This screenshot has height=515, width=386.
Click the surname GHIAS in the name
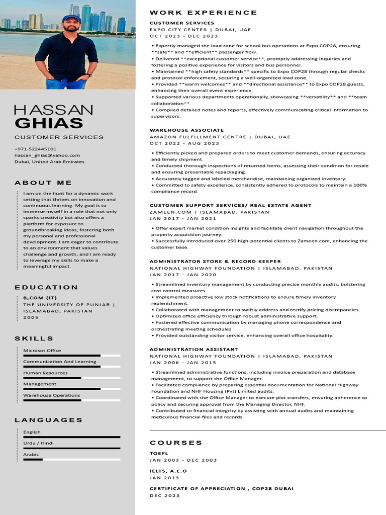click(x=49, y=123)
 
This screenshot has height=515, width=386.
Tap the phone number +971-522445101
click(x=35, y=149)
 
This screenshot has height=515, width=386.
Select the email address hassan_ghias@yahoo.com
click(x=47, y=155)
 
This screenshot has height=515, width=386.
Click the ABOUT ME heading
click(x=43, y=183)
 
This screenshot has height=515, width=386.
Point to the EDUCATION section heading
click(x=46, y=287)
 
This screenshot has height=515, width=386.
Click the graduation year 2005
click(x=31, y=317)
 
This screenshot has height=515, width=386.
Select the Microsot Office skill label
click(x=42, y=351)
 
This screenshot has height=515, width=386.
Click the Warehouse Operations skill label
click(x=51, y=395)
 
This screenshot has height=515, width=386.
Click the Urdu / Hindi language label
click(x=38, y=443)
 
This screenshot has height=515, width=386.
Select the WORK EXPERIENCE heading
click(x=203, y=13)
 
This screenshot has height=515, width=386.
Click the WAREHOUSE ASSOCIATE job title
click(x=186, y=130)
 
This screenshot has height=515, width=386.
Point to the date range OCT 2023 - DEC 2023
click(x=183, y=36)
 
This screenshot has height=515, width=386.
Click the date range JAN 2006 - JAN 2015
click(x=183, y=363)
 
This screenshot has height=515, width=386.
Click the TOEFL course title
click(x=159, y=454)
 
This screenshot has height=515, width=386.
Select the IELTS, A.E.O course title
click(x=168, y=471)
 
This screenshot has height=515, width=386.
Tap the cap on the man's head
click(x=71, y=18)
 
